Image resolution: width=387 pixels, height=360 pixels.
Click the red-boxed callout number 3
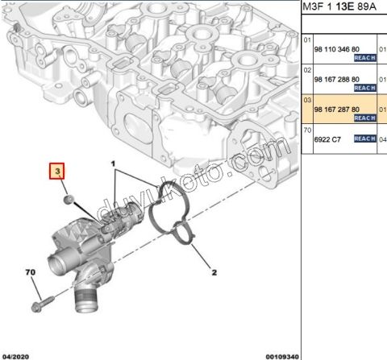coord(57,172)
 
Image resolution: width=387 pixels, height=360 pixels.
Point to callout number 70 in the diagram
coord(31,274)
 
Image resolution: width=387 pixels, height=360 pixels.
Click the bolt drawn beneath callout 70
coord(41,306)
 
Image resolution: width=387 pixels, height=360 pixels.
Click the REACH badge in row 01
coord(365,58)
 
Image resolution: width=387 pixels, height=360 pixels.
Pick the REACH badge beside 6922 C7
coord(365,139)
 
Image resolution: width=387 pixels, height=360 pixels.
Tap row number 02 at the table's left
coord(306,70)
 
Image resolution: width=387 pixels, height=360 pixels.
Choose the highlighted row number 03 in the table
coord(306,100)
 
